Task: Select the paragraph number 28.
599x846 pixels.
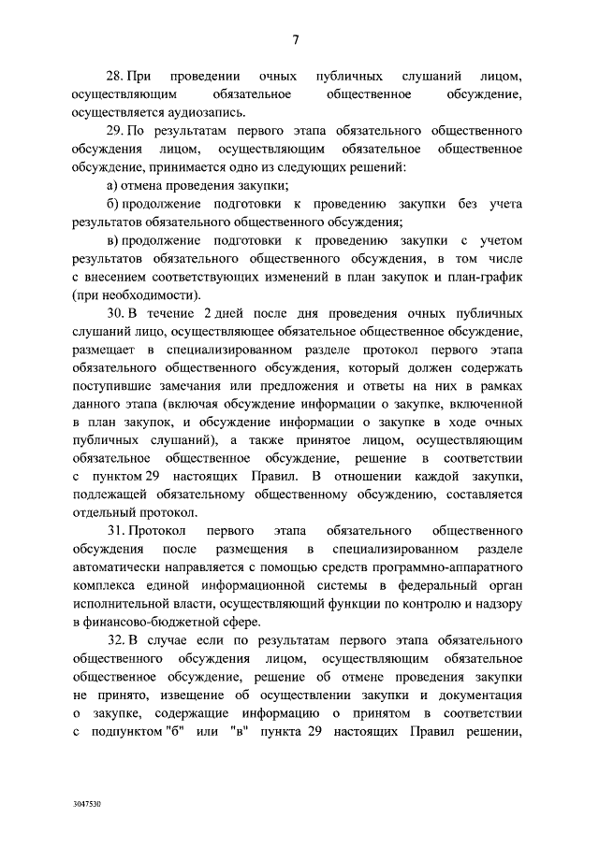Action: [x=114, y=74]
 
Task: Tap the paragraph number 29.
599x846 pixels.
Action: [x=114, y=128]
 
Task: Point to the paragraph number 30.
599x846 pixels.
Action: [x=114, y=311]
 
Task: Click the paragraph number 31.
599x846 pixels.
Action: [x=114, y=530]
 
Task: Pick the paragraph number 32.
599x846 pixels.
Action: [x=114, y=639]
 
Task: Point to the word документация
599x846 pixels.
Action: [x=478, y=695]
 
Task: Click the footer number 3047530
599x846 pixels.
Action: [x=86, y=803]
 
